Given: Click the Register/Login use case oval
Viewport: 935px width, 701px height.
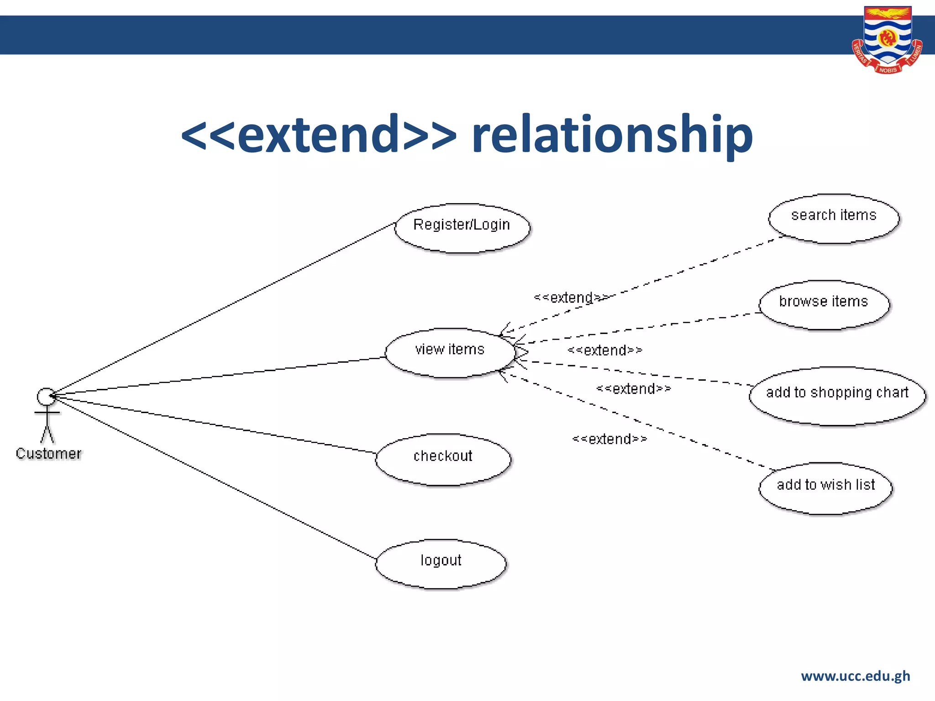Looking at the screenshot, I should tap(462, 228).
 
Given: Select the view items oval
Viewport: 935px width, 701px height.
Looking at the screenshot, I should tap(450, 353).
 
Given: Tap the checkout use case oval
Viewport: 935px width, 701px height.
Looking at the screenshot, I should tap(443, 459).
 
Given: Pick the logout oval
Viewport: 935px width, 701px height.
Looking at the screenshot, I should tap(441, 564).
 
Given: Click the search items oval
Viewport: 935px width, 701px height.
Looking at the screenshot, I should tap(834, 219).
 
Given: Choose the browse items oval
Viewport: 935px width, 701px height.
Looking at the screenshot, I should tap(824, 305).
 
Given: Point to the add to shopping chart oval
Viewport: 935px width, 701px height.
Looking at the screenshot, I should tap(837, 396).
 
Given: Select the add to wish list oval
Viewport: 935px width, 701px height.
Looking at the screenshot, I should tap(825, 488).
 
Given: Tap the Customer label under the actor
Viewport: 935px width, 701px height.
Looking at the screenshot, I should tap(48, 454).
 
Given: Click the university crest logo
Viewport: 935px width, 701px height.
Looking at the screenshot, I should tap(887, 39).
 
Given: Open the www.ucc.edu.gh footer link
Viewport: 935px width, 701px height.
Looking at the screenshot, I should tap(855, 676).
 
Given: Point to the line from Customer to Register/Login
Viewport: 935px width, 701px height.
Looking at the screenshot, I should tap(224, 308).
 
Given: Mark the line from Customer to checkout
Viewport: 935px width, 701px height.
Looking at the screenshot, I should tap(215, 424).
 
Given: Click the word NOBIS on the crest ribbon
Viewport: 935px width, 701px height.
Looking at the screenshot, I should tap(888, 70).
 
